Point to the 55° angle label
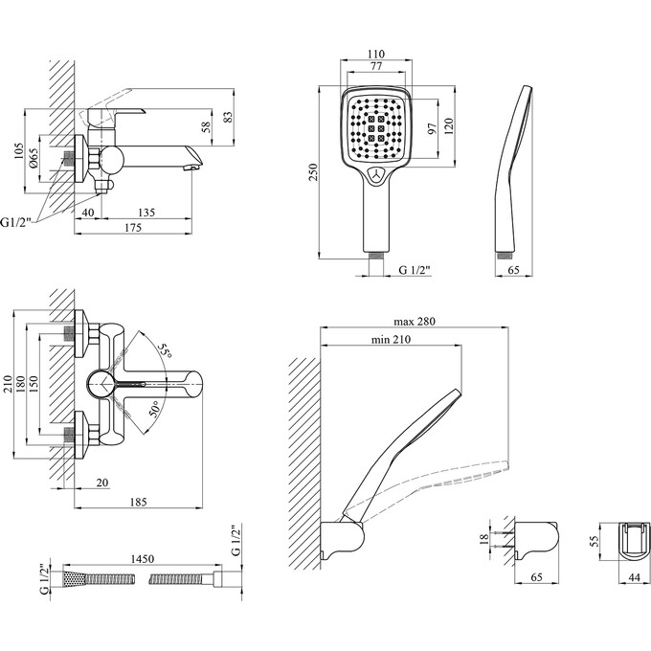coord(166,352)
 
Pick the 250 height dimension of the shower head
coord(325,171)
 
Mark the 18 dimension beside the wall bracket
coord(485,539)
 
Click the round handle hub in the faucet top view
coord(99,385)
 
